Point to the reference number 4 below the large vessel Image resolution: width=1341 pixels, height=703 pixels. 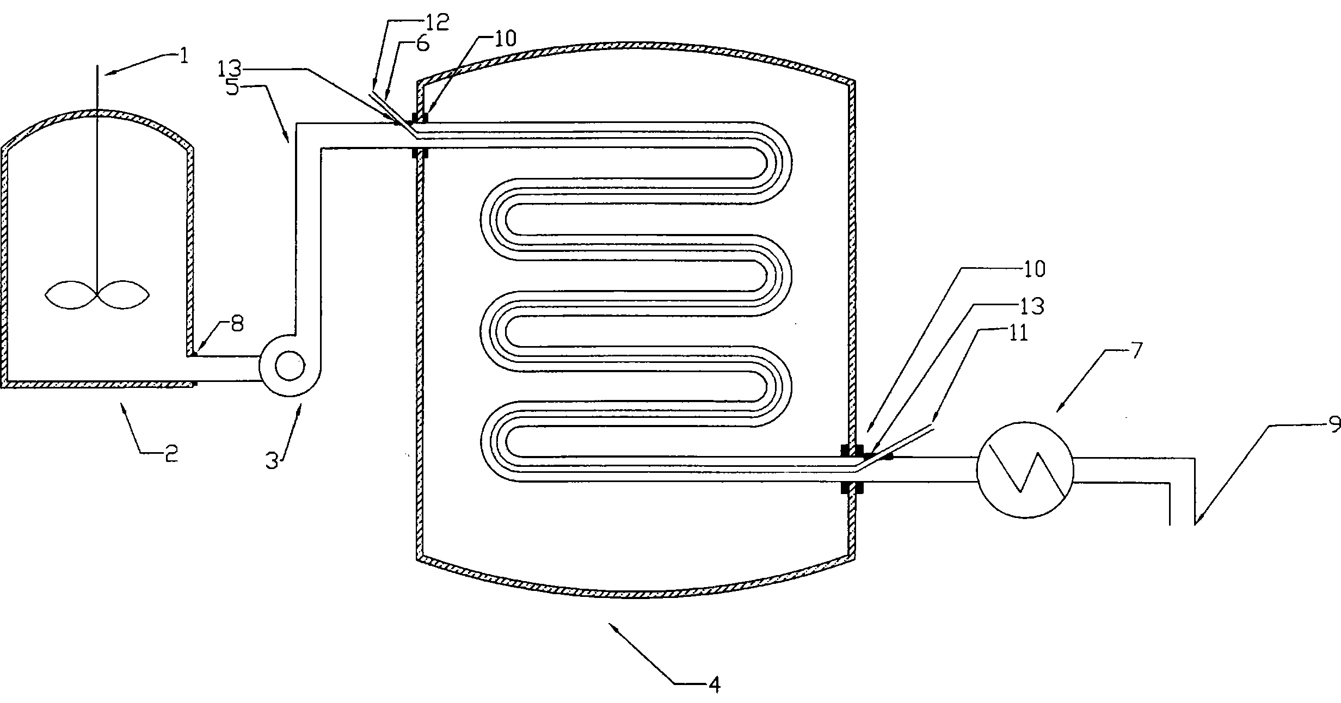715,684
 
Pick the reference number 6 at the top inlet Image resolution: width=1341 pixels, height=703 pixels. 422,43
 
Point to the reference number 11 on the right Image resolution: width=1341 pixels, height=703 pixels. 1017,332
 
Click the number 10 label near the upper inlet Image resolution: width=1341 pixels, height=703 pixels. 504,39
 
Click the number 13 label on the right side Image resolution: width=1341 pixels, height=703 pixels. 1031,306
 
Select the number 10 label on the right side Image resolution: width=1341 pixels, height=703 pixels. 1032,269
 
